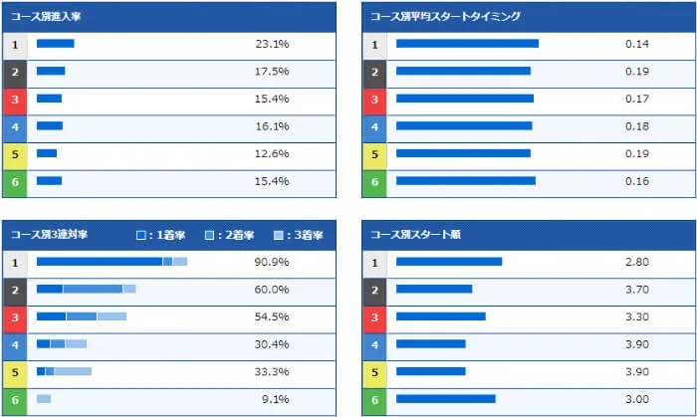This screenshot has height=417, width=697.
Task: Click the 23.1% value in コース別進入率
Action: pos(272,45)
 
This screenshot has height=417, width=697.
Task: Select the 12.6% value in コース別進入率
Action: pos(272,154)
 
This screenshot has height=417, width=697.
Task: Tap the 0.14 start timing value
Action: pos(637,45)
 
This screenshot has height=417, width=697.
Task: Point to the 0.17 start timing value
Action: pos(637,100)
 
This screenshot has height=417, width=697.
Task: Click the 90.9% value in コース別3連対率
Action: pos(272,262)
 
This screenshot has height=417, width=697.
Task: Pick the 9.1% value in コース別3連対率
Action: pos(275,400)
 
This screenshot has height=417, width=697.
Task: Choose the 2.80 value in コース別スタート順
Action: pos(637,262)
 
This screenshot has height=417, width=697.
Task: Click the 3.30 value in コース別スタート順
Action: pos(637,317)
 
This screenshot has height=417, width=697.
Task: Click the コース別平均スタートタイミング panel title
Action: pos(445,17)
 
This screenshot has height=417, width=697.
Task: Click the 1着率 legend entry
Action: pos(156,235)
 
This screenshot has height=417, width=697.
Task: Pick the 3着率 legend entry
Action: pos(295,235)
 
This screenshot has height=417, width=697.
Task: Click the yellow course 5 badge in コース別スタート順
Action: pos(374,372)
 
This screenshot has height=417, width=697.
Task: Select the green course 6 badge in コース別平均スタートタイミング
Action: pos(374,182)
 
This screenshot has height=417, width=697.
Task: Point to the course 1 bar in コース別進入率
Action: pos(55,44)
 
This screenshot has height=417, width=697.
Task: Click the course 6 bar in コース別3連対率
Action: pos(44,399)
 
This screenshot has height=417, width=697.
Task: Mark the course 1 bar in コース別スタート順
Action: pos(448,262)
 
